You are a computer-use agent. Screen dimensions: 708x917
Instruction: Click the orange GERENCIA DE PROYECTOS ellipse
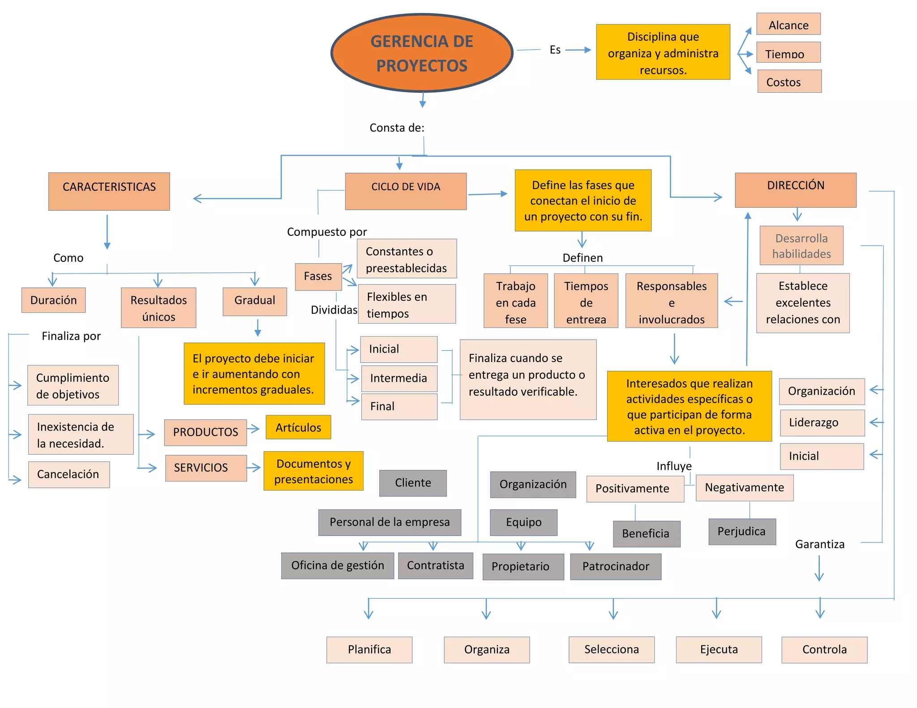coord(422,53)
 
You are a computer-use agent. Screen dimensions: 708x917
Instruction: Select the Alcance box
coord(788,24)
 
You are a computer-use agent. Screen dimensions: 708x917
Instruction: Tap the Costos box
coord(789,81)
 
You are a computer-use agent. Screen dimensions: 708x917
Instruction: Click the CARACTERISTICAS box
coord(109,191)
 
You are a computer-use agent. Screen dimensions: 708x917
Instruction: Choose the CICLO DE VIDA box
coord(406,191)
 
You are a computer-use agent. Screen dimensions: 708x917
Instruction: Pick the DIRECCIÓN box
coord(795,190)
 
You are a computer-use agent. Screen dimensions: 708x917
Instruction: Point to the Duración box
coord(53,300)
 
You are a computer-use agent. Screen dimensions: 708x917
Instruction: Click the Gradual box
coord(255,301)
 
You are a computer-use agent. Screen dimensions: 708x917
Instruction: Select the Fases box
coord(318,276)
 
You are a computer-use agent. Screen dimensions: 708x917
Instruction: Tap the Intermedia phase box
coord(399,378)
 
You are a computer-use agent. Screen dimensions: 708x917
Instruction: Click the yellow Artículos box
coord(298,427)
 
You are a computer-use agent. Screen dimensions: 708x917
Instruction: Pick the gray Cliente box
coord(413,483)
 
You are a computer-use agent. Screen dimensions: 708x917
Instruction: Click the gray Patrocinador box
coord(615,567)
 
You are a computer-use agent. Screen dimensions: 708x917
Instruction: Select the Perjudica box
coord(741,531)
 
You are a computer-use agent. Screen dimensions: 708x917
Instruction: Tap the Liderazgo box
coord(822,422)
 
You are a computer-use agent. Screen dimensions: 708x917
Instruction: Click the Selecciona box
coord(611,649)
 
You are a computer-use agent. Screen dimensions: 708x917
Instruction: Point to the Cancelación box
coord(69,474)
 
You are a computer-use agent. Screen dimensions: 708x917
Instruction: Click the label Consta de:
coord(397,128)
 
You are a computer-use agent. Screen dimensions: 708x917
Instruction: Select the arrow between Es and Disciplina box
coord(578,50)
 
